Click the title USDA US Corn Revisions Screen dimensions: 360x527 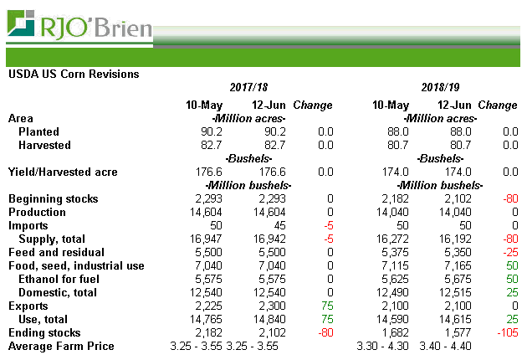(x=74, y=74)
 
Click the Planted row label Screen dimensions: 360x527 (x=38, y=132)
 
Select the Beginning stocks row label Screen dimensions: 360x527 (x=53, y=199)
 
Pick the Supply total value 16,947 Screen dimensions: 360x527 (x=206, y=239)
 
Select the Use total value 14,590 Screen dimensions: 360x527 (x=390, y=320)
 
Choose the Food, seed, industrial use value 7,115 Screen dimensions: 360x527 (x=393, y=266)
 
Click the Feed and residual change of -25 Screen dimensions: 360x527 (x=508, y=253)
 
